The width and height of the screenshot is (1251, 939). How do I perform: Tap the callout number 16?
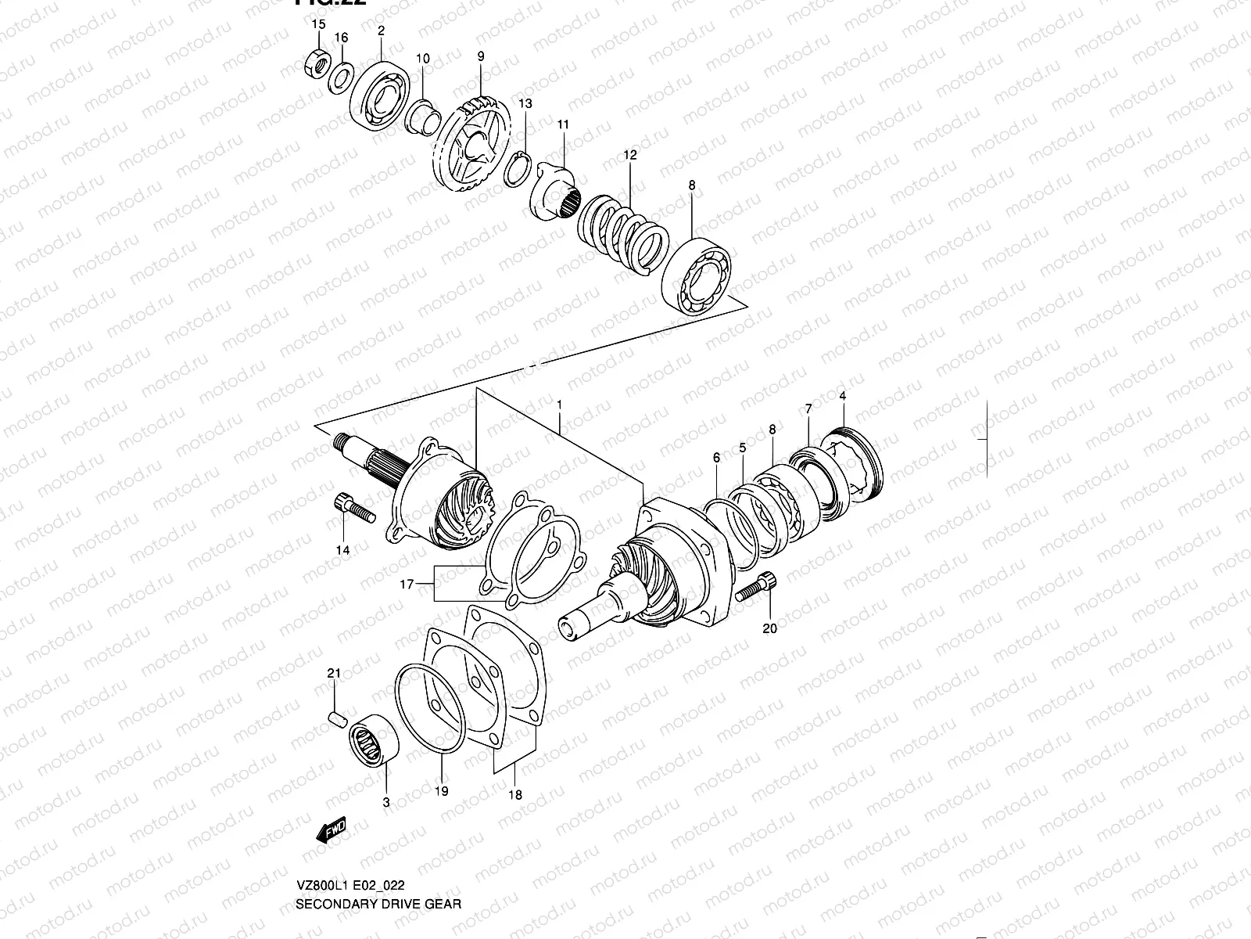click(x=341, y=38)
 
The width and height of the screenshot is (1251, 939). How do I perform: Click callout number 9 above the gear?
click(x=481, y=56)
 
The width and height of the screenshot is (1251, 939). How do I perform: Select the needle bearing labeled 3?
click(x=374, y=739)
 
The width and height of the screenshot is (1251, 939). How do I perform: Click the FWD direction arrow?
click(x=331, y=831)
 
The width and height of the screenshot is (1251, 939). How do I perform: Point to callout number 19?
click(x=442, y=791)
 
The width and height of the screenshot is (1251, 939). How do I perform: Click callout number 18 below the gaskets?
click(x=514, y=795)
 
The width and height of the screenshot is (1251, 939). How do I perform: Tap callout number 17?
click(x=407, y=584)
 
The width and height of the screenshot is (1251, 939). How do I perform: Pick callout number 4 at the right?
click(x=843, y=396)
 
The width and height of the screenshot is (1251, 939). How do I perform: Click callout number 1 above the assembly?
click(x=560, y=404)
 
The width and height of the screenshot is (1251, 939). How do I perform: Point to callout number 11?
click(x=563, y=124)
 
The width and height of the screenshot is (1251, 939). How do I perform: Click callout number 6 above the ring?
click(x=716, y=457)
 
